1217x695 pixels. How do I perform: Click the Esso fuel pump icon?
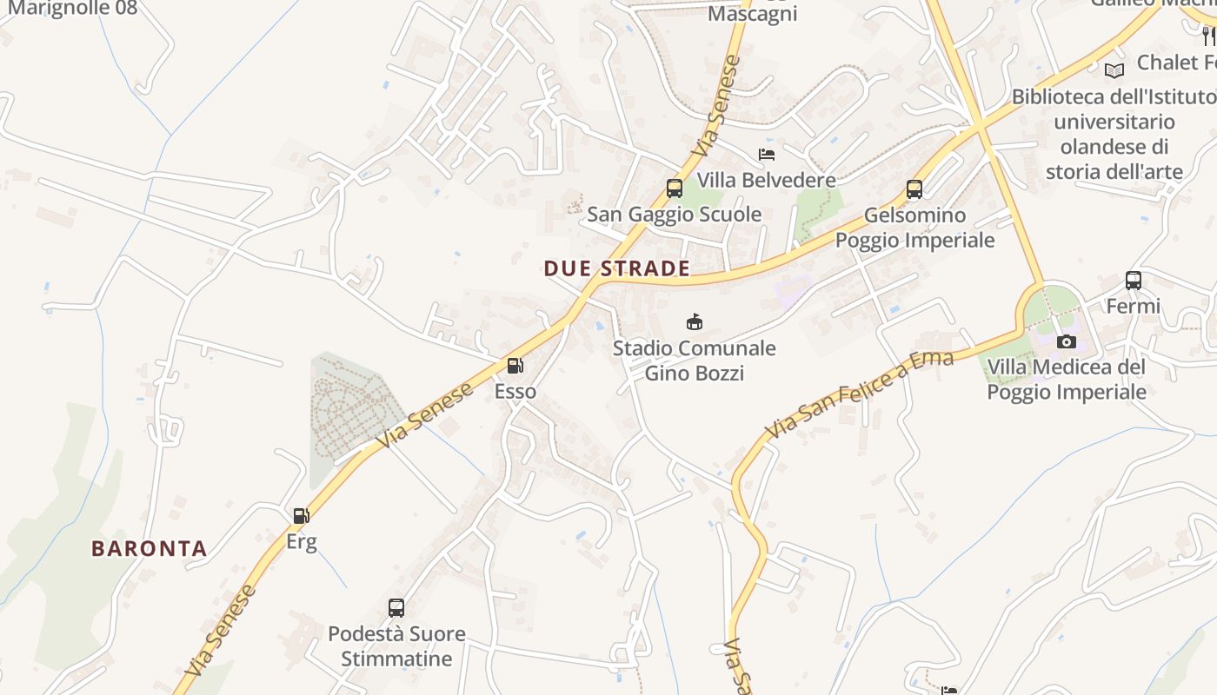point(515,366)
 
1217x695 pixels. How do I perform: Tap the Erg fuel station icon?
point(301,516)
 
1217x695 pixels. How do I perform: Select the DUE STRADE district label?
point(617,268)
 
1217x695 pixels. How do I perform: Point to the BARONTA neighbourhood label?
point(150,549)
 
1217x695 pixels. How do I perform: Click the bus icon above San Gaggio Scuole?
point(674,188)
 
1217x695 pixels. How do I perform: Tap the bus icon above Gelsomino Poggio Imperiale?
point(914,189)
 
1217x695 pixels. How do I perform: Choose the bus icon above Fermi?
point(1133,281)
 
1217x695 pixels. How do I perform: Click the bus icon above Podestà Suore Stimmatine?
point(396,608)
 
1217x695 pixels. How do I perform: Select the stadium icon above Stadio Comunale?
point(694,322)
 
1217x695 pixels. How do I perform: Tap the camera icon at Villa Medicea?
point(1067,341)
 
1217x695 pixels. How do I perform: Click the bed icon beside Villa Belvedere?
point(767,155)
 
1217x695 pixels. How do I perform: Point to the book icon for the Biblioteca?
point(1114,69)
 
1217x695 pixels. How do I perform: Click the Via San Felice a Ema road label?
point(859,394)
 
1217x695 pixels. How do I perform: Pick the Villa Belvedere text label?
point(766,180)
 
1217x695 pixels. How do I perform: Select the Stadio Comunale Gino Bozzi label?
point(694,361)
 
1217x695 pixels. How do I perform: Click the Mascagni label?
point(752,14)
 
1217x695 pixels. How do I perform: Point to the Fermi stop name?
point(1133,306)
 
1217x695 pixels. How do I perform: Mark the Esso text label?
point(515,391)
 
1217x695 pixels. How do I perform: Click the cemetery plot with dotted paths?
point(353,408)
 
